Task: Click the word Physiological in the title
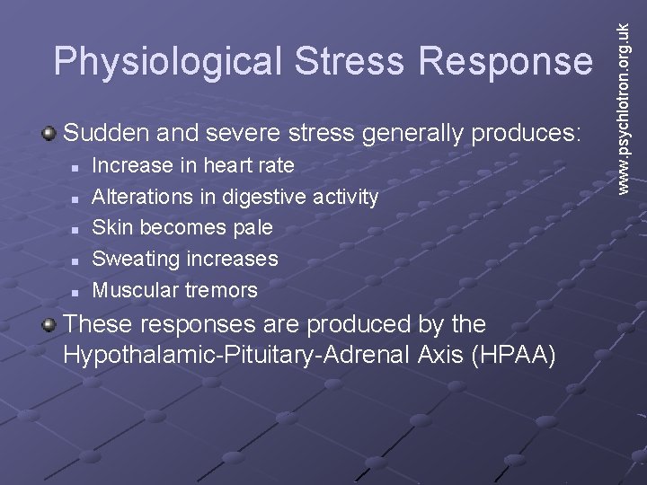coord(165,61)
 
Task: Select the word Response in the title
coord(511,61)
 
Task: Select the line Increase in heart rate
coord(193,165)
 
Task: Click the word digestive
coord(264,197)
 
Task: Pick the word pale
coord(253,227)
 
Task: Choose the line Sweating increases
coord(185,259)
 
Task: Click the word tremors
coord(221,290)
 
